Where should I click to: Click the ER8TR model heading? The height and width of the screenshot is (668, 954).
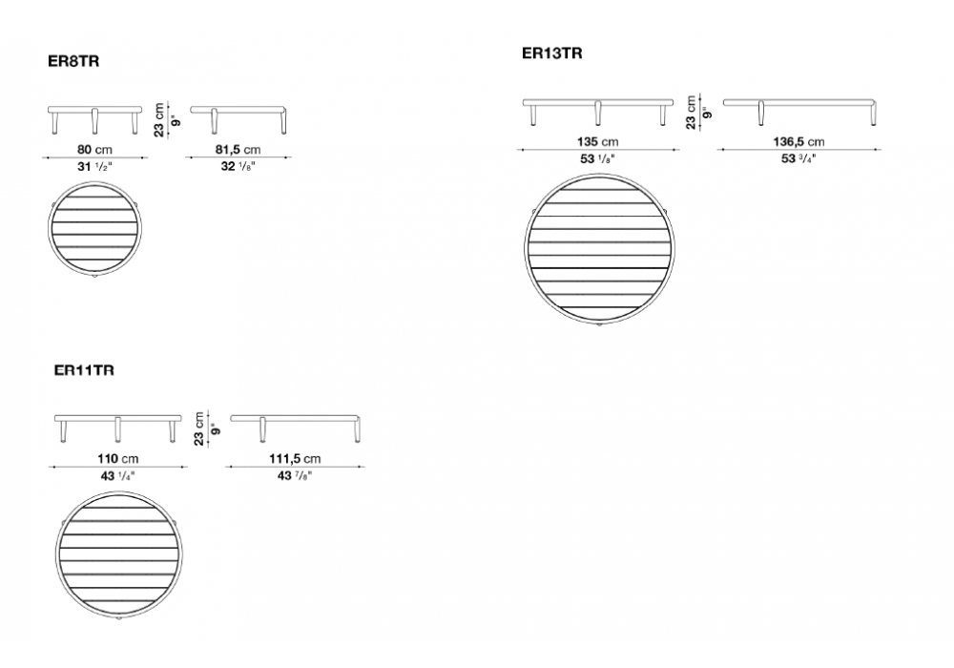tap(73, 61)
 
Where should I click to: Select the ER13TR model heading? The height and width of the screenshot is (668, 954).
tap(551, 53)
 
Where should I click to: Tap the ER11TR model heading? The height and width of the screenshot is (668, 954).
tap(84, 370)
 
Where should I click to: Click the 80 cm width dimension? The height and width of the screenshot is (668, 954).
tap(94, 149)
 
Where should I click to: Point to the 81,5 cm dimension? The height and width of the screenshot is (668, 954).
tap(238, 149)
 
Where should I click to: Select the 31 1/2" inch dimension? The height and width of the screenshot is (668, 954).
tap(94, 166)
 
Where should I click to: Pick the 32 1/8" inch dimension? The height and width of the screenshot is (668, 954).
tap(238, 166)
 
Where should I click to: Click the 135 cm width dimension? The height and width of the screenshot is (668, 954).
tap(597, 142)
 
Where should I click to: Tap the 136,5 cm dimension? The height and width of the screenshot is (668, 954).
tap(798, 142)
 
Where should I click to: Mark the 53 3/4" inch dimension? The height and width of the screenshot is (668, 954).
tap(798, 158)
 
